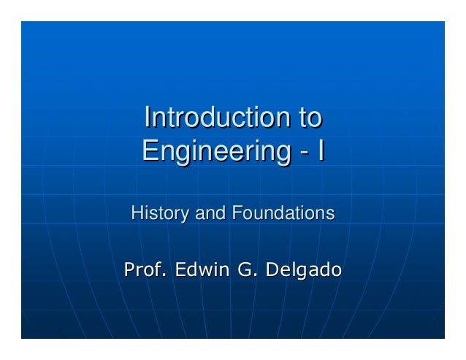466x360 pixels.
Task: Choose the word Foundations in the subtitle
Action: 283,214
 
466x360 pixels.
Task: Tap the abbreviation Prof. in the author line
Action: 144,270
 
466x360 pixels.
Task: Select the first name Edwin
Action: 199,270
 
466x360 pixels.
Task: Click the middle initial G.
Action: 246,270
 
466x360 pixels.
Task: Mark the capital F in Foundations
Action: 236,214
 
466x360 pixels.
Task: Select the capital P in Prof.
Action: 129,270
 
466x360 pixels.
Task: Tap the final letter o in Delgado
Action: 336,272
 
